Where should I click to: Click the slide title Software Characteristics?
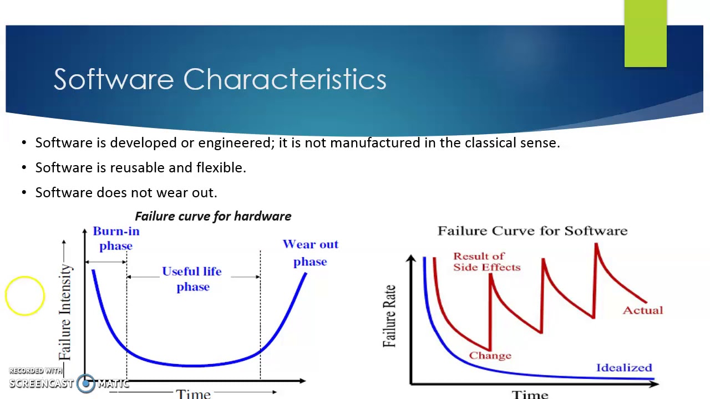pyautogui.click(x=220, y=79)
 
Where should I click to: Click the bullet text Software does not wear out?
pyautogui.click(x=126, y=192)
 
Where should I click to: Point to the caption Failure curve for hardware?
pyautogui.click(x=213, y=216)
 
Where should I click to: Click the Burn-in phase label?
pyautogui.click(x=116, y=238)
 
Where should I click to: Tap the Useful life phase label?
pyautogui.click(x=192, y=279)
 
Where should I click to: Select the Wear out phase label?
pyautogui.click(x=310, y=253)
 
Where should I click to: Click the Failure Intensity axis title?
pyautogui.click(x=65, y=311)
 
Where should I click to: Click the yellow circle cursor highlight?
pyautogui.click(x=25, y=296)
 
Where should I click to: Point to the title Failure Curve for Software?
pyautogui.click(x=532, y=231)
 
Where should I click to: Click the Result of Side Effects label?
pyautogui.click(x=486, y=262)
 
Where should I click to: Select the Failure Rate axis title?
pyautogui.click(x=390, y=316)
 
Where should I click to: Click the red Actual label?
pyautogui.click(x=642, y=310)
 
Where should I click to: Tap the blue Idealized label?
pyautogui.click(x=624, y=367)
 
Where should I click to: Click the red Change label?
pyautogui.click(x=490, y=356)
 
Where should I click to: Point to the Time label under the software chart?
pyautogui.click(x=530, y=394)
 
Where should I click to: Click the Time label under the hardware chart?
pyautogui.click(x=193, y=393)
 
